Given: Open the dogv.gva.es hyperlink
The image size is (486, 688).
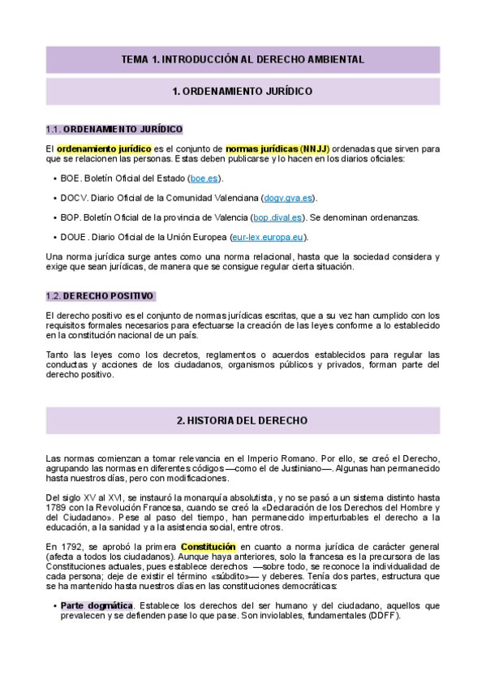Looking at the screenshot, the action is (x=289, y=198).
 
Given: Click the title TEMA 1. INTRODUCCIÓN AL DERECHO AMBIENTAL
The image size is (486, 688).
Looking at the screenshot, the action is (x=243, y=59).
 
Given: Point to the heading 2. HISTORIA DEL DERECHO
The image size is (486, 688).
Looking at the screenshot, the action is (x=243, y=421).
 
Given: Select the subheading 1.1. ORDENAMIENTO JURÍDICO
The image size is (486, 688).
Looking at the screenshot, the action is (x=114, y=130).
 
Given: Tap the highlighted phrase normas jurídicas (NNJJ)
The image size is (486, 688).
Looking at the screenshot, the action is (x=273, y=149).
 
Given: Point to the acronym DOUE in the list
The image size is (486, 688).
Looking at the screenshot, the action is (x=73, y=237).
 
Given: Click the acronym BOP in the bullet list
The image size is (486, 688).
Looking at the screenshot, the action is (x=70, y=217).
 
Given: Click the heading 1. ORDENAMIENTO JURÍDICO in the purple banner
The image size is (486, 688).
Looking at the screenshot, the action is (x=243, y=92).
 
